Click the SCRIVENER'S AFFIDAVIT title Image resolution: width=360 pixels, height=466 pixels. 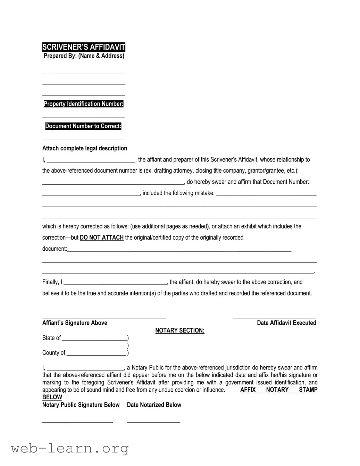tap(83, 47)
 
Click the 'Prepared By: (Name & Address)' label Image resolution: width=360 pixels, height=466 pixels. tap(84, 56)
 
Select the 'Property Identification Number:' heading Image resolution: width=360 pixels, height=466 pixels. tap(83, 104)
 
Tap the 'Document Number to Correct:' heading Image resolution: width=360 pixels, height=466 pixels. tap(83, 126)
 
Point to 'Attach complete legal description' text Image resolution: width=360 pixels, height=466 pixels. tap(84, 148)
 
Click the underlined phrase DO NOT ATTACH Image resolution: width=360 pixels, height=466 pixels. tap(102, 238)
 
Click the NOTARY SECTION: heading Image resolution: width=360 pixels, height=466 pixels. tap(179, 331)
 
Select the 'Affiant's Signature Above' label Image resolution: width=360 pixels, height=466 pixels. tap(75, 323)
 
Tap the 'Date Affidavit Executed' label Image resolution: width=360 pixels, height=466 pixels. tap(286, 323)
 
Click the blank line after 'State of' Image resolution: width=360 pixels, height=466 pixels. tap(95, 340)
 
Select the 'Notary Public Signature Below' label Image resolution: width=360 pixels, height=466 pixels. tap(81, 405)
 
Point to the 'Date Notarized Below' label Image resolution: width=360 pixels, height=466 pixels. tap(154, 405)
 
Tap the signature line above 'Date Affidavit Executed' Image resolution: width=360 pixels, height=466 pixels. tap(274, 317)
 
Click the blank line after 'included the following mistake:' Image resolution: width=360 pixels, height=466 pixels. tap(266, 195)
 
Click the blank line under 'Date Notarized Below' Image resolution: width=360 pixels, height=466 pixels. tap(153, 422)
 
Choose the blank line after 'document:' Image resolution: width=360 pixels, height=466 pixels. tap(179, 250)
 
